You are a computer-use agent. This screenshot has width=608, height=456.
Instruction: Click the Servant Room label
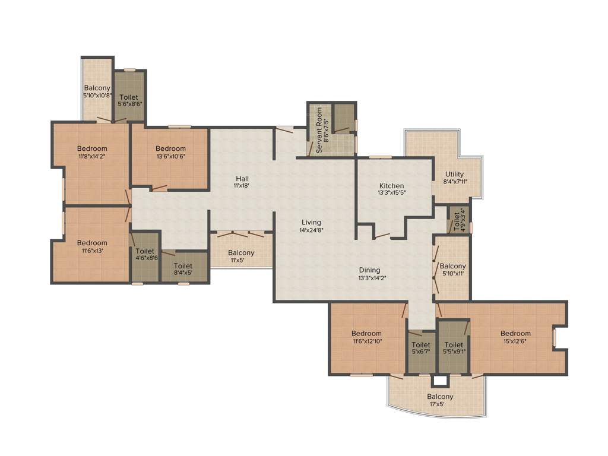point(319,131)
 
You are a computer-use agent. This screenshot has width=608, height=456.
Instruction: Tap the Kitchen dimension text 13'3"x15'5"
point(391,193)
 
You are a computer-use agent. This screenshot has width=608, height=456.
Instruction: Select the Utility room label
point(455,175)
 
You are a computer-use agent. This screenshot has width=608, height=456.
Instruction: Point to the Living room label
point(311,222)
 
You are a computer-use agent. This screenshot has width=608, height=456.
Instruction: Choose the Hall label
point(242,179)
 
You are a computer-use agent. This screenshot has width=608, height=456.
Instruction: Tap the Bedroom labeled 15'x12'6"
point(515,334)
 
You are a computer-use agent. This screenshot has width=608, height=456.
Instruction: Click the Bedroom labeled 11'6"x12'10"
point(366,334)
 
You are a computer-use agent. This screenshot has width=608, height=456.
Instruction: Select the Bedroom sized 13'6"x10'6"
point(170,148)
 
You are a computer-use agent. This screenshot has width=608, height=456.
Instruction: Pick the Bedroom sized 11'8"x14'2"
point(92,148)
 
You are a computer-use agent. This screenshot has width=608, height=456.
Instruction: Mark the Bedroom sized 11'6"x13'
point(92,243)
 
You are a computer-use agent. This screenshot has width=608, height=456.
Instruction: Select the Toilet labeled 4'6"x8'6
point(145,252)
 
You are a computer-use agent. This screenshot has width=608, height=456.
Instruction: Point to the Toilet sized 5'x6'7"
point(421,345)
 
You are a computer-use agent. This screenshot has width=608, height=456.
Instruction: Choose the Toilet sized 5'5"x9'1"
point(454,345)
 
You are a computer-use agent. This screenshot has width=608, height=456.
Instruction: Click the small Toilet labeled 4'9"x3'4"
point(458,220)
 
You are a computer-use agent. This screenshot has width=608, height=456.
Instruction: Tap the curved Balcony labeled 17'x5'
point(440,397)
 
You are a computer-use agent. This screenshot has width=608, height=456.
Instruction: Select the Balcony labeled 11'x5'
point(241,253)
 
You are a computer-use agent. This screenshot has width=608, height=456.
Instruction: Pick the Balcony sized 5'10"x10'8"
point(97,88)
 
